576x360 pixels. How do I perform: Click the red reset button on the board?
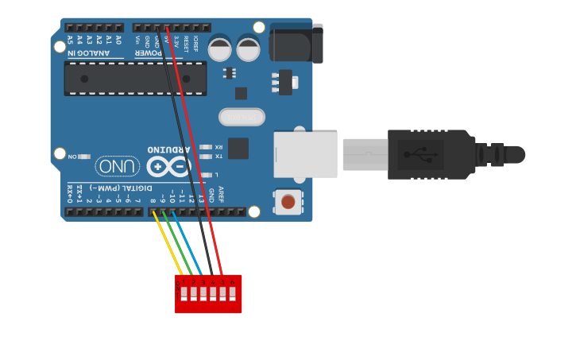coord(288,202)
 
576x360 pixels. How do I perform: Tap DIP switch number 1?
coord(184,293)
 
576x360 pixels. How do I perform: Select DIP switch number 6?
coord(232,293)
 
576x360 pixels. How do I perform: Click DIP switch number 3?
coord(203,293)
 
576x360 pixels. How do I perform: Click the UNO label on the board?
coord(118,166)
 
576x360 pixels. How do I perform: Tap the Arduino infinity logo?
coord(168,166)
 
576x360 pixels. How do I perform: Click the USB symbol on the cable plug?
coord(420,154)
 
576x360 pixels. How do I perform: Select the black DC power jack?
coord(296,43)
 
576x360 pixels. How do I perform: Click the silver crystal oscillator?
coord(242,117)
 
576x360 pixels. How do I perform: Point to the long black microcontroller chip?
coord(135,79)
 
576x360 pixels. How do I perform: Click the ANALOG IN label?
coord(94,53)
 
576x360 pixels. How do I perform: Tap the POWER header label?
coord(149,53)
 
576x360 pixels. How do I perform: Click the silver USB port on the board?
coord(305,154)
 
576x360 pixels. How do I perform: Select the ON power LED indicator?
coord(83,157)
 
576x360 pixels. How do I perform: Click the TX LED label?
coord(218,157)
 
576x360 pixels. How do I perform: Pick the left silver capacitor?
coord(220,49)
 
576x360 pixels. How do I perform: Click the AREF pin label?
coord(221,194)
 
